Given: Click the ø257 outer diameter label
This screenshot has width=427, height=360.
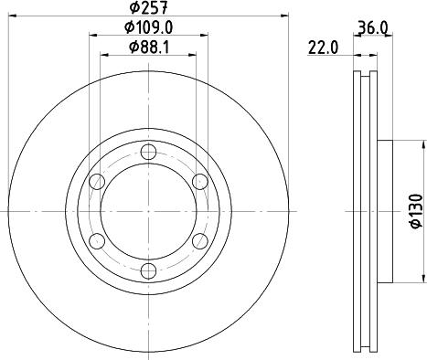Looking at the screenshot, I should click(147, 9).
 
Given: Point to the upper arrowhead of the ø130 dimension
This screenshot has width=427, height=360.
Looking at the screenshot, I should click(424, 144).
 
